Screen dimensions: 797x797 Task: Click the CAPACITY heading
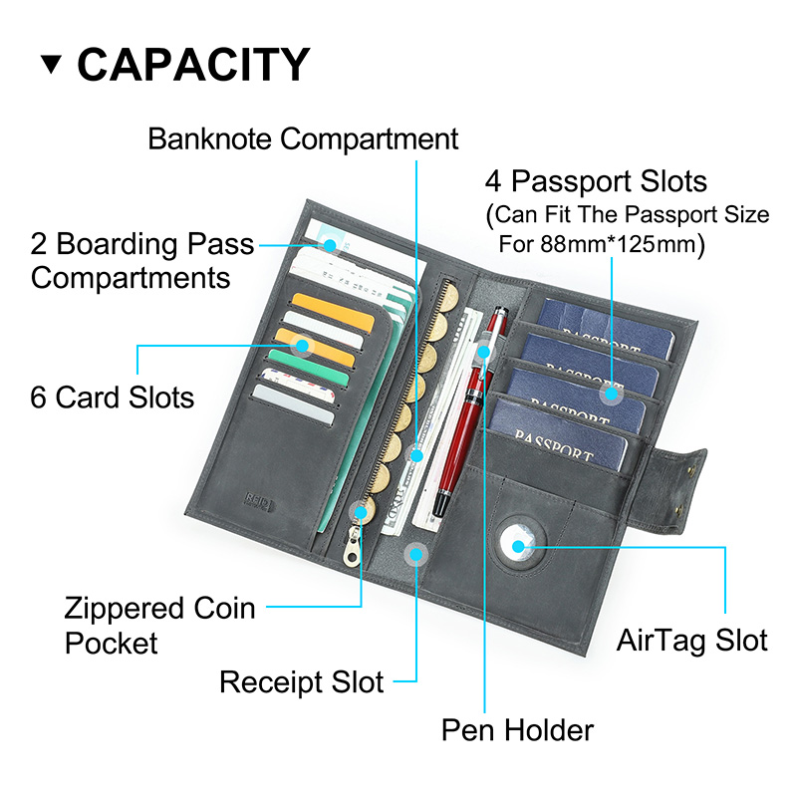pyautogui.click(x=193, y=64)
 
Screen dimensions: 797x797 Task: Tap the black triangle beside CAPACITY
pyautogui.click(x=51, y=64)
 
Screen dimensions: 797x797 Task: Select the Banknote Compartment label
pyautogui.click(x=303, y=138)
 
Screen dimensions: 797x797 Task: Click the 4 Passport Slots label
pyautogui.click(x=596, y=181)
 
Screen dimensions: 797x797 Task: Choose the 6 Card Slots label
pyautogui.click(x=113, y=397)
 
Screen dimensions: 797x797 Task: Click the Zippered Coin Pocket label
pyautogui.click(x=159, y=626)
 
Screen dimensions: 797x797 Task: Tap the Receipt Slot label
pyautogui.click(x=302, y=681)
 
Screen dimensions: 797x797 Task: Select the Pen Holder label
pyautogui.click(x=517, y=730)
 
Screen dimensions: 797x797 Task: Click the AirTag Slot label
pyautogui.click(x=691, y=640)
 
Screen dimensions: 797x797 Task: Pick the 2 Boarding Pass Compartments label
pyautogui.click(x=141, y=261)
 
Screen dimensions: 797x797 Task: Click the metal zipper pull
pyautogui.click(x=353, y=546)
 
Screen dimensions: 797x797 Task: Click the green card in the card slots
pyautogui.click(x=309, y=368)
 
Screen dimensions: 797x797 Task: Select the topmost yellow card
pyautogui.click(x=333, y=312)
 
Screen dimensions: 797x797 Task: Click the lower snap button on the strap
pyautogui.click(x=680, y=510)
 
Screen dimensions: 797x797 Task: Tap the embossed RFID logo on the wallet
pyautogui.click(x=259, y=501)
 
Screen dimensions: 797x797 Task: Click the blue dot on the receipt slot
pyautogui.click(x=416, y=554)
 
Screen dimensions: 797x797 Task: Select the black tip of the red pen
pyautogui.click(x=440, y=504)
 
